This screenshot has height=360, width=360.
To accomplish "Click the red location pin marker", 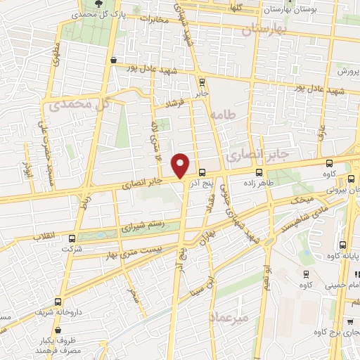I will pos(181,165).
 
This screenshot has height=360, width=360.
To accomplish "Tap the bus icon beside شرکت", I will pos(73,238).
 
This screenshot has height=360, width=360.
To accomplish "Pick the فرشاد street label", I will pos(172,104).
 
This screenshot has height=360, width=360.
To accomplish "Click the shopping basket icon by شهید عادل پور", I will pos(114,60).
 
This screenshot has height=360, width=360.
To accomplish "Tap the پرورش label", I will pos(347,72).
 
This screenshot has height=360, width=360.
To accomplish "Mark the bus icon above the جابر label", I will pos(202,81).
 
